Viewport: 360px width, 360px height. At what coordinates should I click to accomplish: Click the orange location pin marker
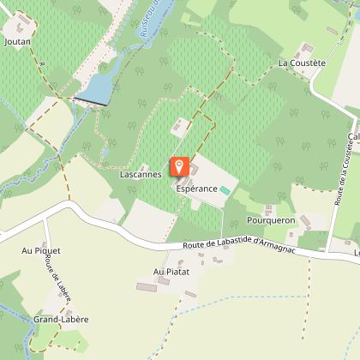(178, 166)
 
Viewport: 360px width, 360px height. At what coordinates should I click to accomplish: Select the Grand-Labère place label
(62, 319)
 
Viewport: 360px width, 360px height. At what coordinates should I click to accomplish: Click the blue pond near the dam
(96, 87)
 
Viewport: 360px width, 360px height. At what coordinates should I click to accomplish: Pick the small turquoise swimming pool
(225, 189)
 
